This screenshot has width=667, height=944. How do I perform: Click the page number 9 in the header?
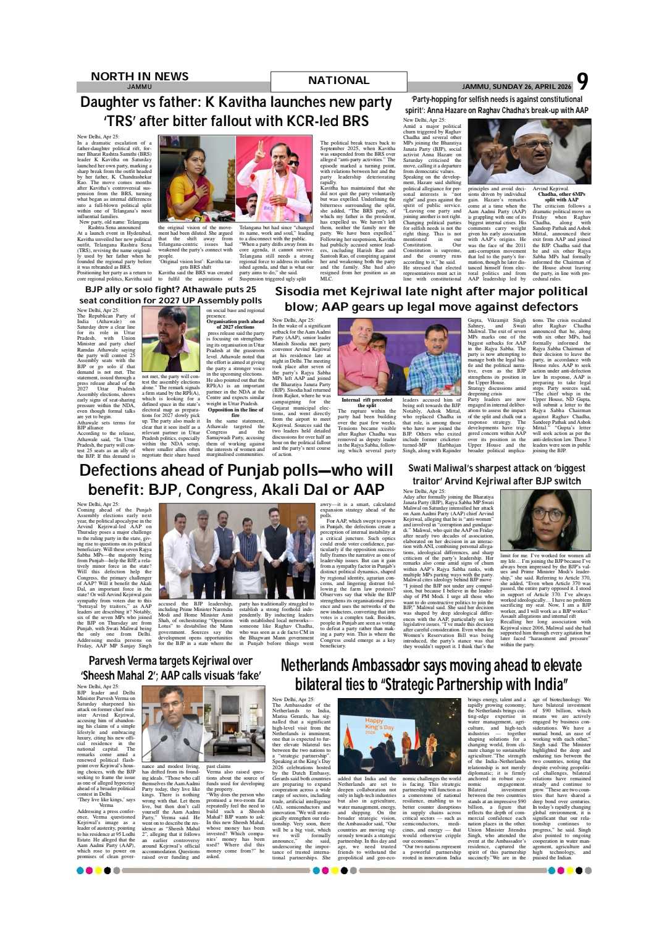coord(582,82)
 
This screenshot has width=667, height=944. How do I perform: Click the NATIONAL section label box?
coord(338,80)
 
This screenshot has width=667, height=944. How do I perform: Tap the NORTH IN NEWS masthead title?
coord(140,76)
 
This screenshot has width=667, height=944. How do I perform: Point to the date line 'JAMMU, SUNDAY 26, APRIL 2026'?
coord(517,86)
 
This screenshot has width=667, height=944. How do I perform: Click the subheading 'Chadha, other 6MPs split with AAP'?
coord(561,197)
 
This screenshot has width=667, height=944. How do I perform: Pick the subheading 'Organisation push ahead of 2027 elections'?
coord(235,324)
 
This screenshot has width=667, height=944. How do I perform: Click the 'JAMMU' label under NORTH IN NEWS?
coord(140,86)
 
